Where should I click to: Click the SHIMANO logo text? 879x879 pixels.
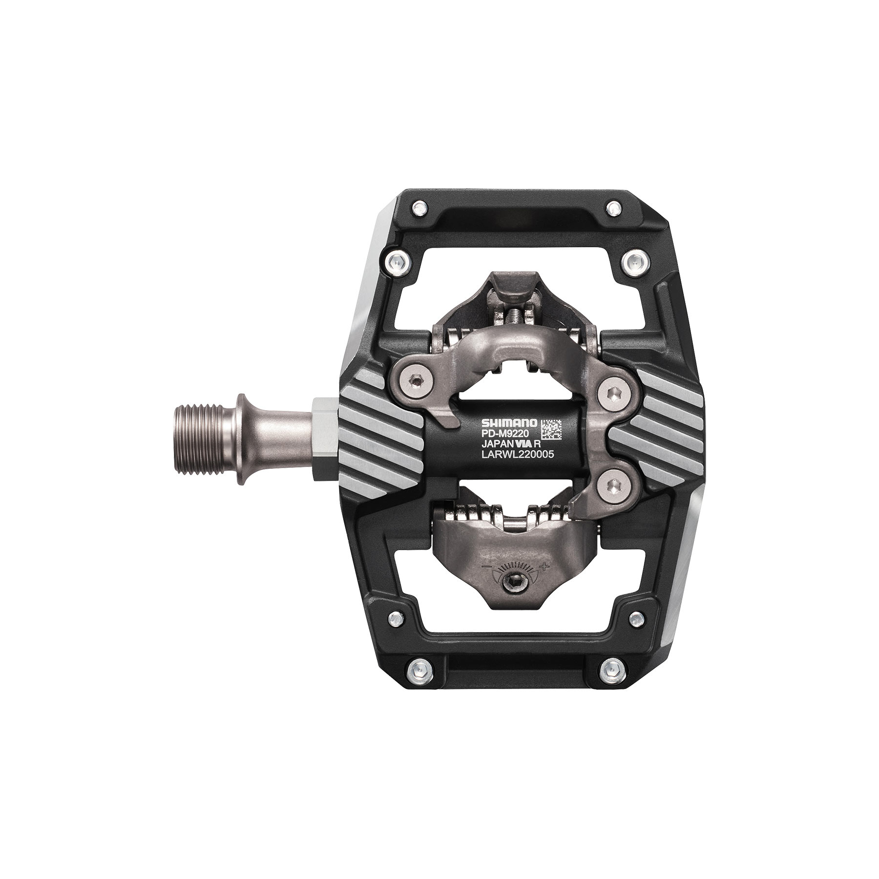coord(509,422)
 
